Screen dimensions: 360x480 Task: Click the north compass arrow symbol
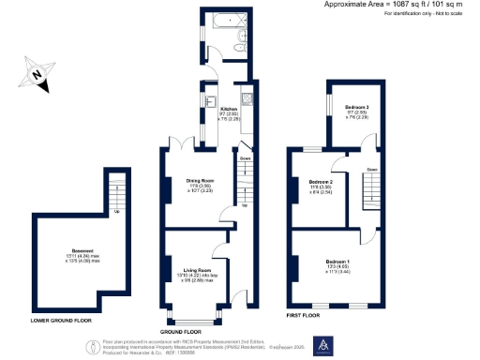pyautogui.click(x=35, y=72)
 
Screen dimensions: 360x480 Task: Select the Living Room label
pyautogui.click(x=197, y=269)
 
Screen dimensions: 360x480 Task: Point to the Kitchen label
pyautogui.click(x=229, y=110)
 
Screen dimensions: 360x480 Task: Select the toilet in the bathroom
pyautogui.click(x=241, y=38)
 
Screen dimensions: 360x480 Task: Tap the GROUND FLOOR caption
pyautogui.click(x=181, y=332)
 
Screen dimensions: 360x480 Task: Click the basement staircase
pyautogui.click(x=115, y=195)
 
